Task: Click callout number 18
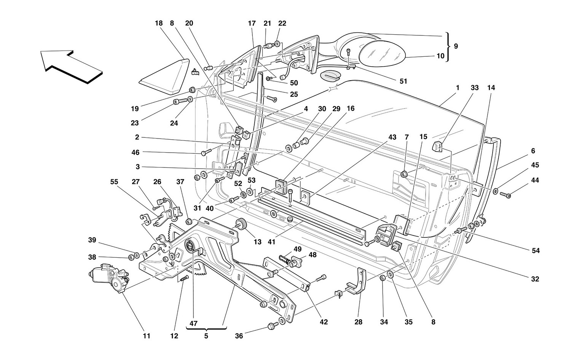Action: click(159, 23)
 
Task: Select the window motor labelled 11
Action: click(108, 277)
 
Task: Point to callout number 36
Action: click(239, 336)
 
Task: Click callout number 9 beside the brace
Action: click(456, 46)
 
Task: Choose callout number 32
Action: click(535, 279)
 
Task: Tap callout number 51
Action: click(403, 81)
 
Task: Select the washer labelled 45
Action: click(496, 190)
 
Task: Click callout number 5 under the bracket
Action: click(206, 336)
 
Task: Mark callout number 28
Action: click(359, 322)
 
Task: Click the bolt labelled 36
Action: click(271, 326)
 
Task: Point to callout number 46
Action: click(135, 152)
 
